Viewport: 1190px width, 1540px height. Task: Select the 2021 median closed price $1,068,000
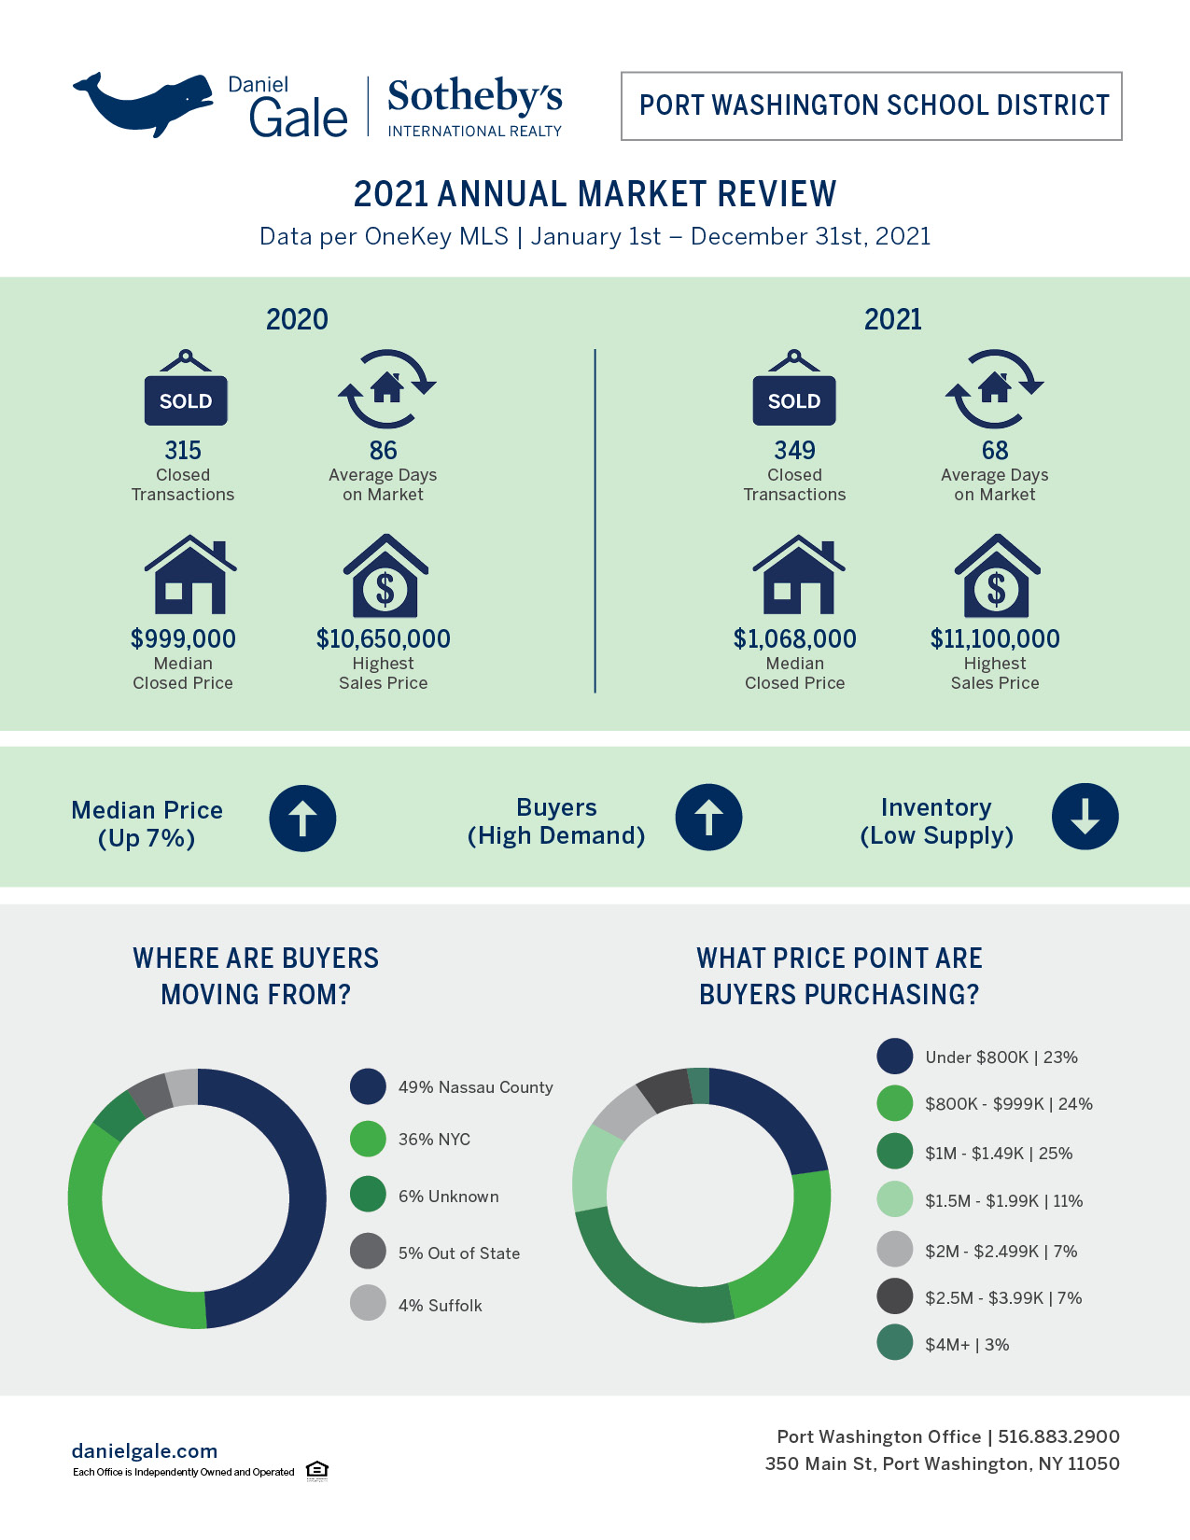(x=794, y=639)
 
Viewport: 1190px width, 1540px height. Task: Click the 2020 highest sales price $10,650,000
(x=383, y=639)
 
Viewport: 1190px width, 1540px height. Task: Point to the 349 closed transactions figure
(x=794, y=451)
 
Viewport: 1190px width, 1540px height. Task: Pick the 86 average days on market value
(x=383, y=451)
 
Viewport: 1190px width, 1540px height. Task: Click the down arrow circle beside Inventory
(x=1085, y=817)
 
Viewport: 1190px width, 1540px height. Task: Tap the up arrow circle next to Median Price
(x=302, y=819)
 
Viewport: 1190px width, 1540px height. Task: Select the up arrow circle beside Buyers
(x=708, y=818)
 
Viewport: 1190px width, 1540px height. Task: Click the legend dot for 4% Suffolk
(x=368, y=1303)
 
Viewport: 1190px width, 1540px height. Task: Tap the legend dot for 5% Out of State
(x=368, y=1251)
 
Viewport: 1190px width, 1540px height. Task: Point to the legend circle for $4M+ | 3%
(x=894, y=1342)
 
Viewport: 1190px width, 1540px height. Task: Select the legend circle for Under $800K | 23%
(x=894, y=1056)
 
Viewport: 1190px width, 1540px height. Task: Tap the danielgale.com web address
(x=145, y=1450)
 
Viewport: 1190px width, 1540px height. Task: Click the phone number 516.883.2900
(x=1058, y=1436)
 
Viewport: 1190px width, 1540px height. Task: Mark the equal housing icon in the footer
(x=317, y=1470)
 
